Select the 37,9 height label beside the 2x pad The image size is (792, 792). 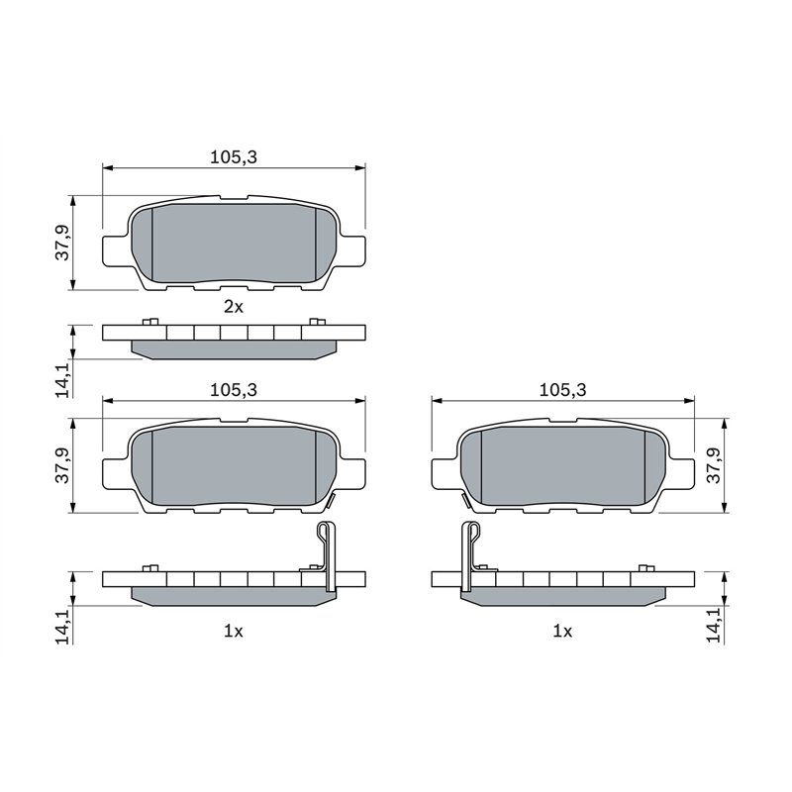point(62,244)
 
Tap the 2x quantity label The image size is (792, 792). point(233,307)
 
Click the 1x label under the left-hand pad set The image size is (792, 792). point(233,630)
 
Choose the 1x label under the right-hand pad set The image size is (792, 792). point(561,630)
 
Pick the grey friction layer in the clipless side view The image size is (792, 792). point(234,348)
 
